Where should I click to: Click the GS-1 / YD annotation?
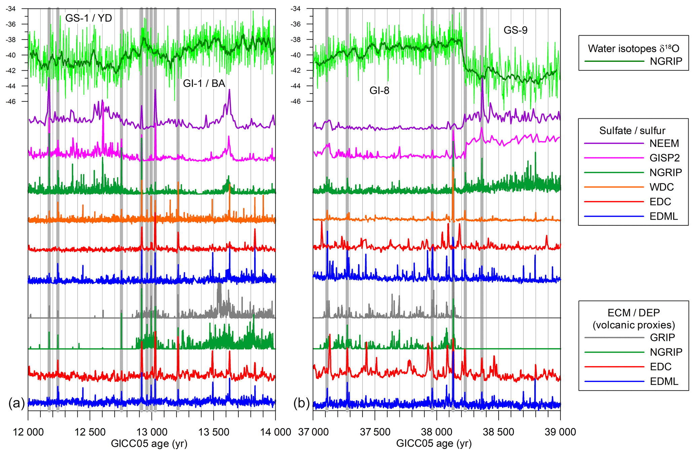(88, 18)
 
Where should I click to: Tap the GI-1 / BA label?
(204, 83)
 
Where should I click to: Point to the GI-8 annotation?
(379, 90)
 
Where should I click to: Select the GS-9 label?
(515, 30)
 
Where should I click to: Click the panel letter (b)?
(301, 403)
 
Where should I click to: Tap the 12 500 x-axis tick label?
(90, 432)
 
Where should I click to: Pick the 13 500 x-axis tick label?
(214, 432)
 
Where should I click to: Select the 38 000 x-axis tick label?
(436, 432)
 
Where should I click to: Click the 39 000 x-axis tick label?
(560, 432)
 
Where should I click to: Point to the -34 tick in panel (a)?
(11, 9)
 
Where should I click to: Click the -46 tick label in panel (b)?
(296, 102)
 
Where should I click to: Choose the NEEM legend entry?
(664, 144)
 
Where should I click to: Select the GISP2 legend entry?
(664, 158)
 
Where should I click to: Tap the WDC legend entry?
(661, 187)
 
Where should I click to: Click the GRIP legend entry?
(662, 337)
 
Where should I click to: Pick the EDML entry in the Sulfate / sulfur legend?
(663, 216)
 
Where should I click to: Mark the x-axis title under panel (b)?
(434, 444)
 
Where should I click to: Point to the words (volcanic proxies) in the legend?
(634, 325)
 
